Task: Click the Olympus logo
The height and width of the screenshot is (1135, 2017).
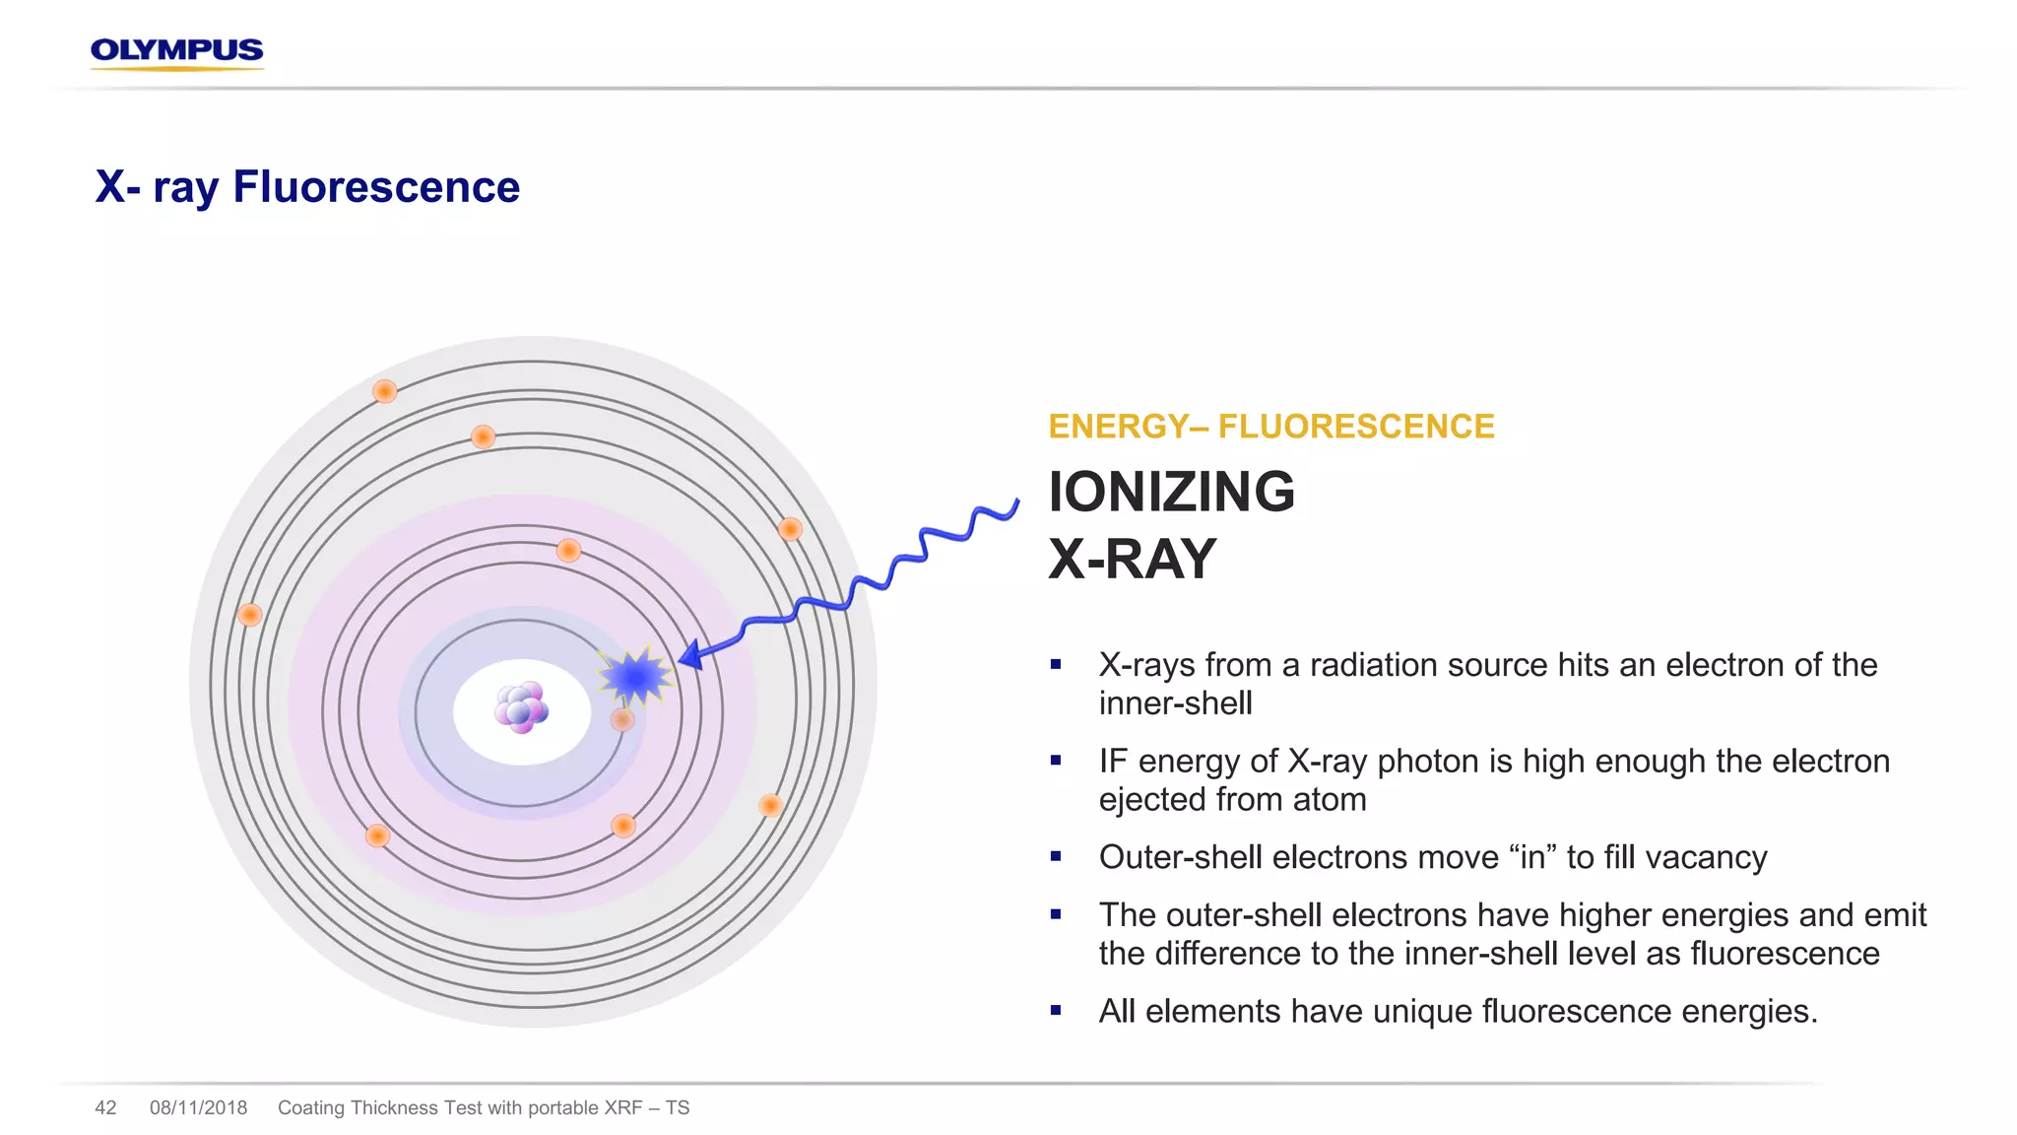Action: tap(176, 51)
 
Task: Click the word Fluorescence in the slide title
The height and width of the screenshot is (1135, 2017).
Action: tap(376, 187)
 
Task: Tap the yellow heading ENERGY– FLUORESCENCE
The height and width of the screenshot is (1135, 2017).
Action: tap(1270, 427)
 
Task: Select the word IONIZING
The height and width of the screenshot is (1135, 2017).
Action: tap(1171, 492)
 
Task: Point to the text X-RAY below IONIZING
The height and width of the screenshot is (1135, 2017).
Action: tap(1132, 559)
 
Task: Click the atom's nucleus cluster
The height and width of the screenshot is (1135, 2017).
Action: tap(520, 707)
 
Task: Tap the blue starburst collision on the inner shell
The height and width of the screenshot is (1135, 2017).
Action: tap(635, 677)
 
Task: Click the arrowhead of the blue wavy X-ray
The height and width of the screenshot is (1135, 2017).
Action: tap(690, 655)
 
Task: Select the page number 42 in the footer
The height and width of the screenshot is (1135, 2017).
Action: tap(105, 1107)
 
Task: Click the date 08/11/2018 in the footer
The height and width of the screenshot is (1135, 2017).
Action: tap(198, 1107)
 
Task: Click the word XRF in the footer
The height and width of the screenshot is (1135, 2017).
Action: tap(623, 1107)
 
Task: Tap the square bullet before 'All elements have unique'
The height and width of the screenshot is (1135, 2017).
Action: tap(1056, 1011)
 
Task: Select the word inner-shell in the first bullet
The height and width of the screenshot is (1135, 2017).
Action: tap(1175, 703)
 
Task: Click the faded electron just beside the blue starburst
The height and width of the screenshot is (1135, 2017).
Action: tap(622, 719)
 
